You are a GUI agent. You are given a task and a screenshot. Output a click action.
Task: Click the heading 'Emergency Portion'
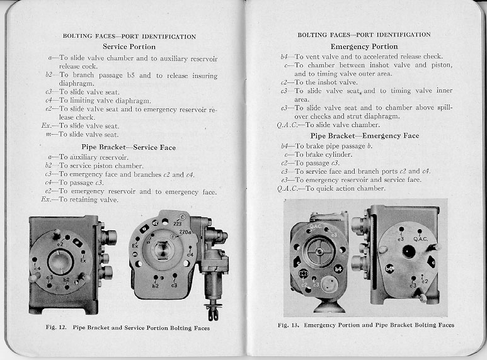[x=364, y=47]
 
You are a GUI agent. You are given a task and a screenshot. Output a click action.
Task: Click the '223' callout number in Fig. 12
[x=178, y=223]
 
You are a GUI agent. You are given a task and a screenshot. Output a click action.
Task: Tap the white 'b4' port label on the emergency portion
[x=338, y=269]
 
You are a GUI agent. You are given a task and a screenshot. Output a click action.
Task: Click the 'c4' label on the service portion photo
[x=190, y=255]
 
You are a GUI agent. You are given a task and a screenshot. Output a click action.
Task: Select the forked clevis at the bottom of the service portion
[x=213, y=310]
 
